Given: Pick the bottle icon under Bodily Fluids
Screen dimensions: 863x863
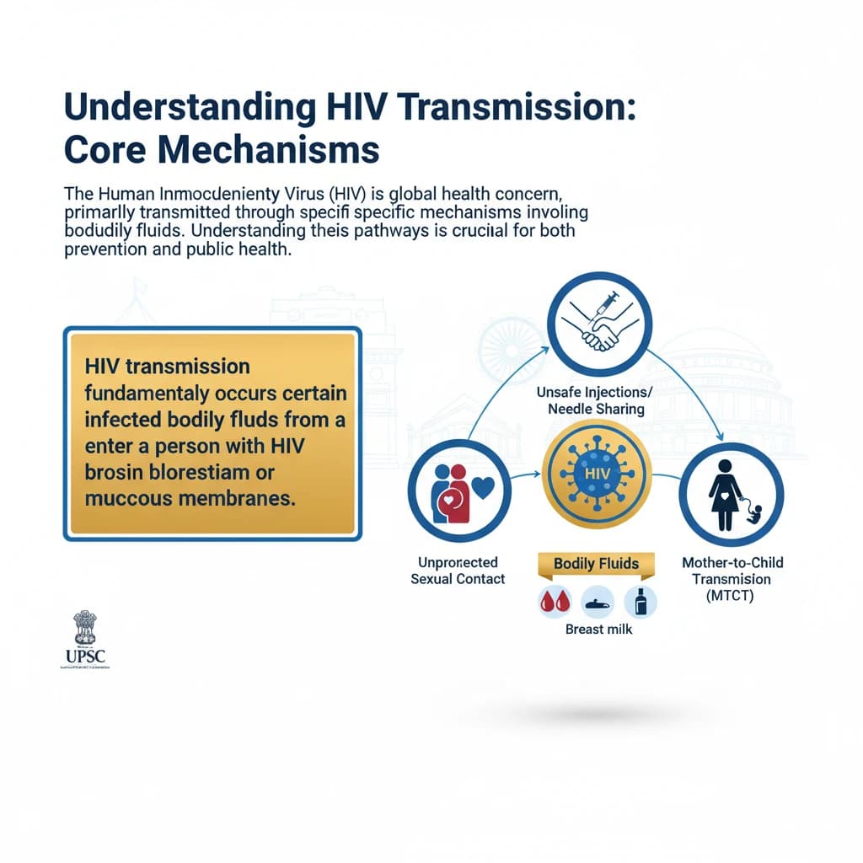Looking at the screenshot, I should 641,601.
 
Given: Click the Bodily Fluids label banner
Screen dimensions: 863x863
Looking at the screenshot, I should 596,564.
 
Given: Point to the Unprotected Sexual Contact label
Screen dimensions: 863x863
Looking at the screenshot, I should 458,570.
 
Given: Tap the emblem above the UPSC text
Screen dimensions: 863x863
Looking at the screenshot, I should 88,628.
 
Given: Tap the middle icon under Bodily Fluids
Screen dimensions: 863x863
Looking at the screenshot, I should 596,601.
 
